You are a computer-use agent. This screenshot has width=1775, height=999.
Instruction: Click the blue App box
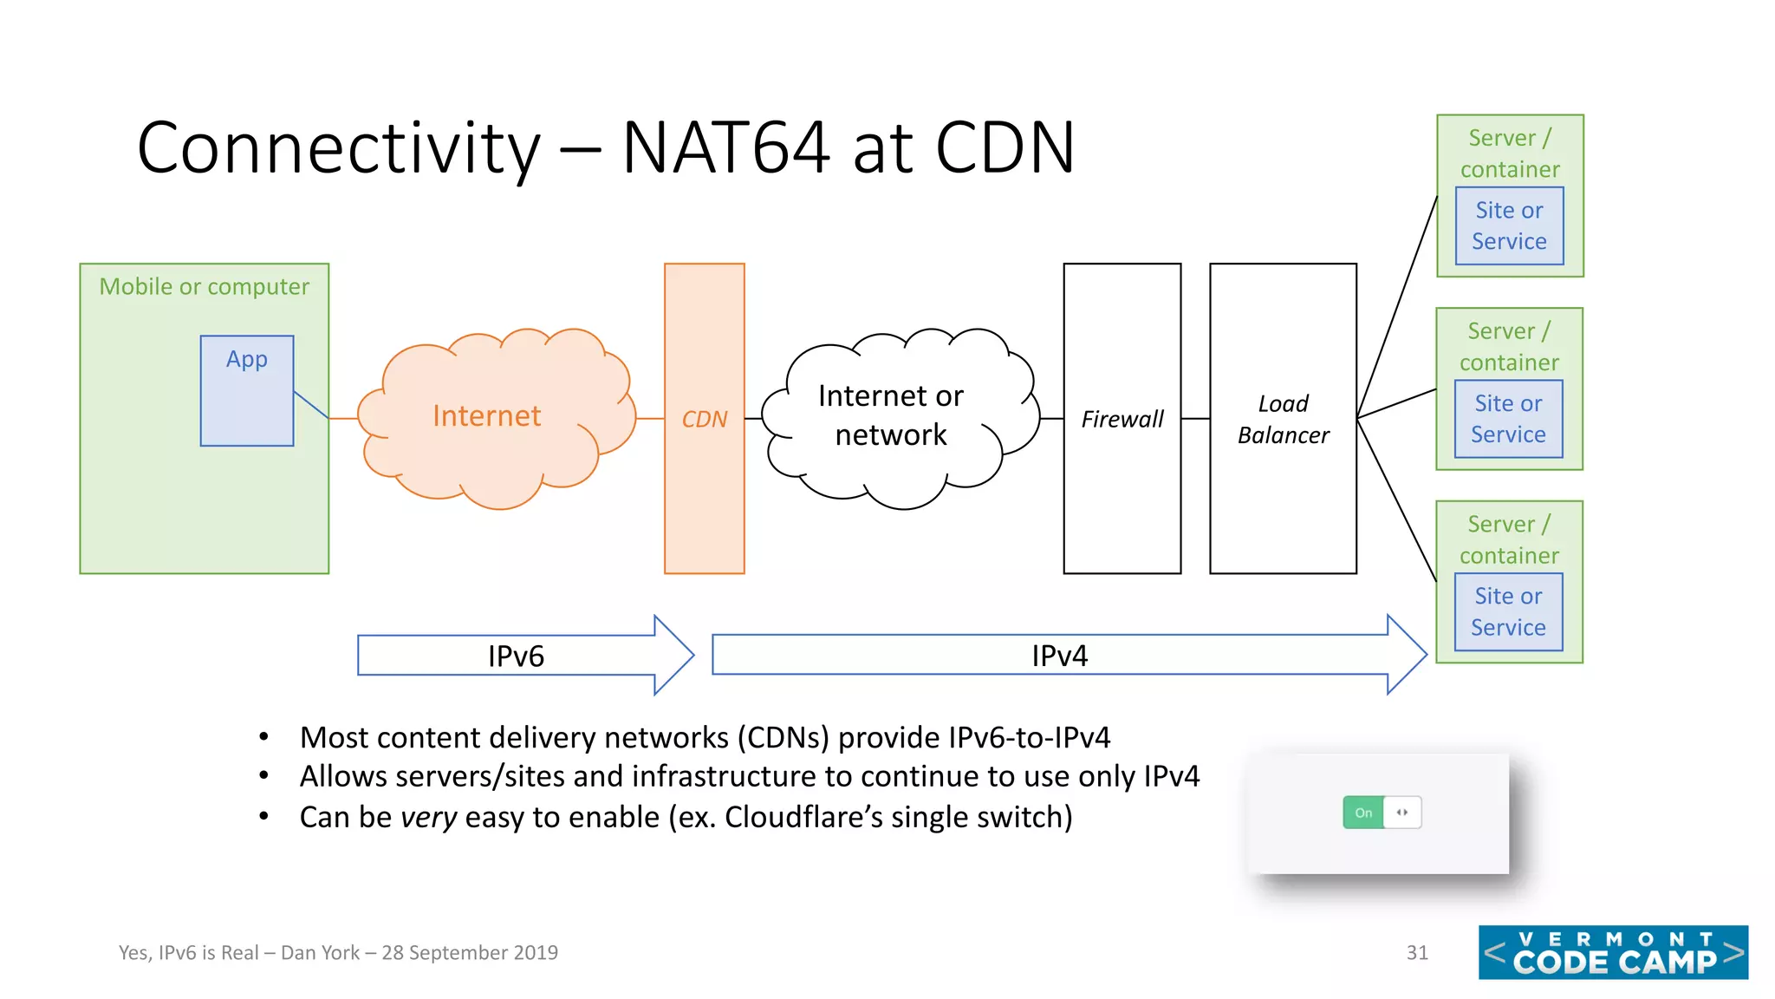point(247,391)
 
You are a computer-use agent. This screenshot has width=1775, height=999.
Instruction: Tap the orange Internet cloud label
point(486,416)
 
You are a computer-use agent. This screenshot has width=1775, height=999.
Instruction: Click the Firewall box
point(1122,419)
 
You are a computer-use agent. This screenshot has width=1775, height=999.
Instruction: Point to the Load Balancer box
point(1283,419)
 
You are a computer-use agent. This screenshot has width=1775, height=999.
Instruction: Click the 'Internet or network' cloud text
point(891,415)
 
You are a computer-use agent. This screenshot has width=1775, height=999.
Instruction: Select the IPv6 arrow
point(516,656)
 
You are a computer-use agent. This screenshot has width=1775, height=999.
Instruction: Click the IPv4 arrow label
point(1059,656)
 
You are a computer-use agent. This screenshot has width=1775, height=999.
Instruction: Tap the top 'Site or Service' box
point(1509,225)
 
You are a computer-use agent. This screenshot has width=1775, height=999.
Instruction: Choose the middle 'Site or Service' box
point(1508,419)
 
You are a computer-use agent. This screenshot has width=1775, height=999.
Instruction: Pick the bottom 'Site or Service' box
point(1508,611)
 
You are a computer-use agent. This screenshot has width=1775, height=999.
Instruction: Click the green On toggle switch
point(1363,813)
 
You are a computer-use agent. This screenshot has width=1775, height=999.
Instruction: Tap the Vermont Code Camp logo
point(1613,952)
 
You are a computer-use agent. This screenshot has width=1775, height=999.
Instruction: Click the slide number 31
point(1417,952)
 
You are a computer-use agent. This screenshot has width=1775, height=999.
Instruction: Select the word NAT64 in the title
point(726,147)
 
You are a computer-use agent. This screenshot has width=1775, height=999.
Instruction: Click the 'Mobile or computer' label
point(204,286)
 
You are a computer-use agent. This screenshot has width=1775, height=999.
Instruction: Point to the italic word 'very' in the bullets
point(428,817)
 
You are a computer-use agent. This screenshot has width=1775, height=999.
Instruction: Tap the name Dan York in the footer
point(320,952)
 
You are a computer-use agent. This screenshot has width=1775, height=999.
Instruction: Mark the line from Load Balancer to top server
point(1397,307)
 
